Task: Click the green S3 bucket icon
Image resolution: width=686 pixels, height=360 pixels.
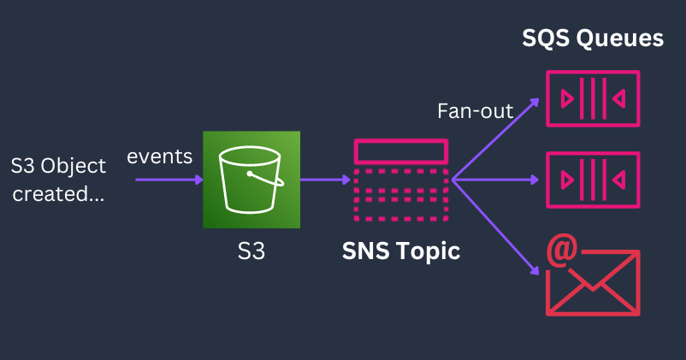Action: (251, 180)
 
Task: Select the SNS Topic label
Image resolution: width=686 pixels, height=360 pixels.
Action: (401, 251)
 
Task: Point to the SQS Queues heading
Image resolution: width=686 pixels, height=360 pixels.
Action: (593, 38)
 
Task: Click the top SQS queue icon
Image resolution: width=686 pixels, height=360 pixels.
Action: (593, 98)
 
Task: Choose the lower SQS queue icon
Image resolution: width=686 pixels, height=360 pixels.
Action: (593, 180)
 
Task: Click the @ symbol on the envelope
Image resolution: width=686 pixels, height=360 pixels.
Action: (562, 254)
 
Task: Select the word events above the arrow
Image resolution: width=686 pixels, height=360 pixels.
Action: (160, 157)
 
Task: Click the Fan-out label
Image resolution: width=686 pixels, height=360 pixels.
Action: (476, 111)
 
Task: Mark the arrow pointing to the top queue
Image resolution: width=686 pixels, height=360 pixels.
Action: (496, 139)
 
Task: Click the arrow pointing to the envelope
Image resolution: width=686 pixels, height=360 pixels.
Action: (496, 227)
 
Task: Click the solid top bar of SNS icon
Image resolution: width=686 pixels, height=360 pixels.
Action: (400, 151)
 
